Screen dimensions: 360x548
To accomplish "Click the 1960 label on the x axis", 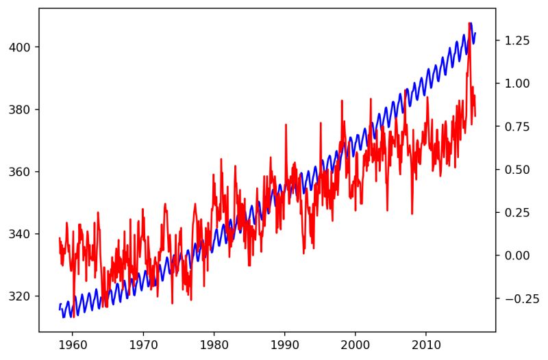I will click(x=73, y=345).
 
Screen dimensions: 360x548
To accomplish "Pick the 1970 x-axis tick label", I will click(x=143, y=345).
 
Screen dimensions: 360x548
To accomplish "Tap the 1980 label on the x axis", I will click(x=214, y=345).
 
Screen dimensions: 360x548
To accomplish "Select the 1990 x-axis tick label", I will click(x=285, y=345).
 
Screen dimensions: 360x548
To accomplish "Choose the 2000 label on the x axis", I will click(x=356, y=345).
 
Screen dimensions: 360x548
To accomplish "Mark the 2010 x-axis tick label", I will click(x=426, y=345).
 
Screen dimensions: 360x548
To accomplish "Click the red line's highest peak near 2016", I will click(x=469, y=23).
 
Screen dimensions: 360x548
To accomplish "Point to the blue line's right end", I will click(x=475, y=33).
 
